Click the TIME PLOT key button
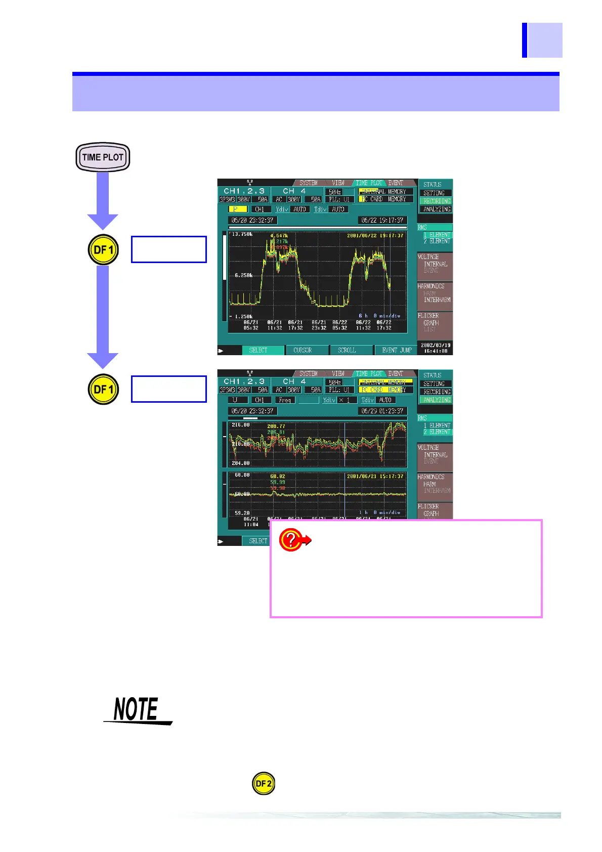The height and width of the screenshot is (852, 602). point(103,157)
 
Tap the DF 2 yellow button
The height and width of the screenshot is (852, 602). point(264,784)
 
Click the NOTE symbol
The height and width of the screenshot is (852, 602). point(137,710)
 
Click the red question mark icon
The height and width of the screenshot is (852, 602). point(291,540)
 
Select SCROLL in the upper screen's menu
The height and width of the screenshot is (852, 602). point(347,350)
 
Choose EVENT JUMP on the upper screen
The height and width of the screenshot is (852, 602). point(397,350)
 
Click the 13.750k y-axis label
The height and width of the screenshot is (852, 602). point(242,234)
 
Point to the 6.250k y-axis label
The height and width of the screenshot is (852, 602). point(243,275)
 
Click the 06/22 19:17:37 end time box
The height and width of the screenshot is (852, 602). point(382,220)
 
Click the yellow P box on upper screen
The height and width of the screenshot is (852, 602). point(237,209)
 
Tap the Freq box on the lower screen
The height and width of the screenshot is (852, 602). point(285,400)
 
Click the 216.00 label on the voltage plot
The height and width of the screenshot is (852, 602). point(241,425)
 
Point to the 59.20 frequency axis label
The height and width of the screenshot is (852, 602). point(242,513)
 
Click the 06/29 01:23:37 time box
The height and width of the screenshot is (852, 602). point(382,411)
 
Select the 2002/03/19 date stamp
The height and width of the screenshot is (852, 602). point(435,345)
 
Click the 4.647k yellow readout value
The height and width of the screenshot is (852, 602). point(279,236)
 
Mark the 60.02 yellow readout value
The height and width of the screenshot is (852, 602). point(277,477)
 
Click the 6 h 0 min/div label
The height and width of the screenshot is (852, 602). point(379,316)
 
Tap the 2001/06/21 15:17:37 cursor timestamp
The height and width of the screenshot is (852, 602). point(375,476)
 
